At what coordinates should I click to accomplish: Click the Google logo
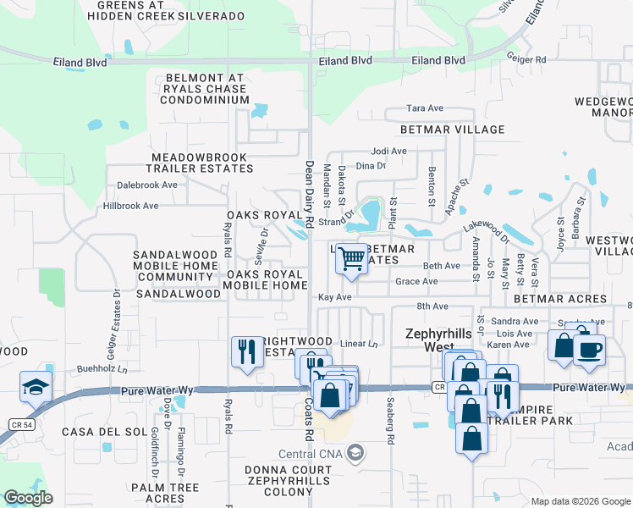coord(28,498)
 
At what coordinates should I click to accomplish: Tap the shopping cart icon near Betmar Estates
coord(351,259)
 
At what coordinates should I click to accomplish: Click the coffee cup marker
coord(589,349)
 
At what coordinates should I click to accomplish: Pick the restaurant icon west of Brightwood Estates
coord(246,351)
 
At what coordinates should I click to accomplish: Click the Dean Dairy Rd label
coord(309,194)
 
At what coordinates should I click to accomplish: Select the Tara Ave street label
coord(425,108)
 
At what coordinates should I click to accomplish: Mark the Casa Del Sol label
coord(100,432)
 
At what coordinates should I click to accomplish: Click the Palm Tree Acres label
coord(165,494)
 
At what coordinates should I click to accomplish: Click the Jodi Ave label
coord(388,152)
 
